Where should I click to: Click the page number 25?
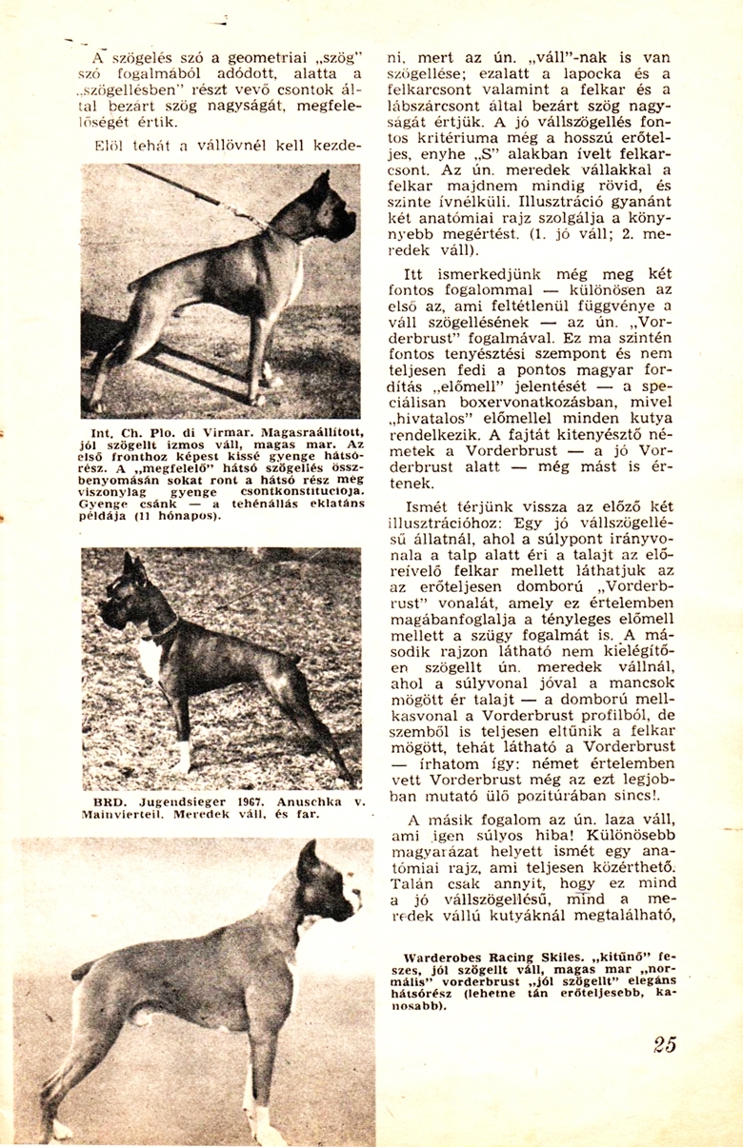(665, 1044)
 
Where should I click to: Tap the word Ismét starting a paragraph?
(427, 506)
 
